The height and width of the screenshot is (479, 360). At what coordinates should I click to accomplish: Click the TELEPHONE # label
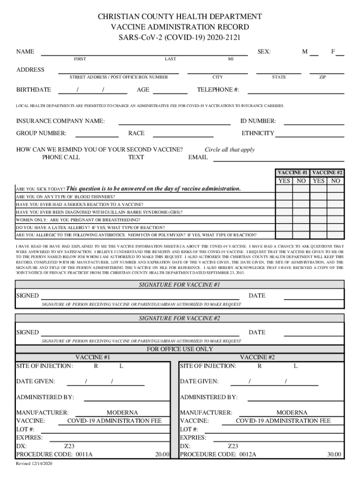218,89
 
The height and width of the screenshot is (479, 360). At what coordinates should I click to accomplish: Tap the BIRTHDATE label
34,89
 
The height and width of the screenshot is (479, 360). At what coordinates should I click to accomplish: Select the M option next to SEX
305,52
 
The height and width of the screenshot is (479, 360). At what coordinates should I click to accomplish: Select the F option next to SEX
333,52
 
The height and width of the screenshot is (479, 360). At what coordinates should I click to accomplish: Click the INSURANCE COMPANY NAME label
60,121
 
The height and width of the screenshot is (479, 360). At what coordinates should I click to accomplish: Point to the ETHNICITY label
258,133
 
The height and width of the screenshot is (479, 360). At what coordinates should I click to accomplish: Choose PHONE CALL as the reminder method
61,157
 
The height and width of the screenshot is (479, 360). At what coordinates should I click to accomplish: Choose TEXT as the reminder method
136,157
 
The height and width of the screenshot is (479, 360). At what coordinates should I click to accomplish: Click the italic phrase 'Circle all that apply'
230,150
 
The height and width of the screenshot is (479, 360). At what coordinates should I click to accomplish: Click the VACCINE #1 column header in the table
292,173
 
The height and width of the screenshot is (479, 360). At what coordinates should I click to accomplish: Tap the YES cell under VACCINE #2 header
318,181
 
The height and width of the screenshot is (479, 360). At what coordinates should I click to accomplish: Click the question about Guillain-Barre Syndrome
99,212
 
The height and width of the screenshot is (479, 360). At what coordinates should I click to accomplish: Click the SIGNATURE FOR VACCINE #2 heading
180,319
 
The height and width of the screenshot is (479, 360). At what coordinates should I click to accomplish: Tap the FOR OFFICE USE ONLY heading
180,349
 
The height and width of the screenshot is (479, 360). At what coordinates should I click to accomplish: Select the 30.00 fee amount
334,454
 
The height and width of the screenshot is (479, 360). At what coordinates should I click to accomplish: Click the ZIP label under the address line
323,77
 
